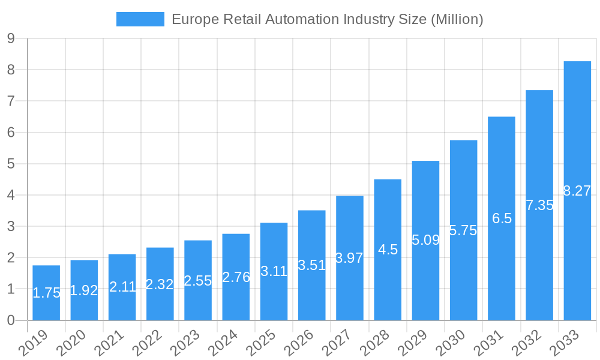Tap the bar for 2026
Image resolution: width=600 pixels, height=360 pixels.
click(312, 265)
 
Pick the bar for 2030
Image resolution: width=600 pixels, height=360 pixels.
click(463, 230)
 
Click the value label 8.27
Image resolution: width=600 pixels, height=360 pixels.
click(577, 191)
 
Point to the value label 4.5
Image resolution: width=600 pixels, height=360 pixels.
click(388, 250)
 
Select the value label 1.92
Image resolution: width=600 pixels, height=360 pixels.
click(84, 290)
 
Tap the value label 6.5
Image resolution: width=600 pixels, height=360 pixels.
click(502, 218)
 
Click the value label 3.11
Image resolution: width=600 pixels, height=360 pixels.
click(274, 271)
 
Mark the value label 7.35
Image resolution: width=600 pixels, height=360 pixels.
click(539, 205)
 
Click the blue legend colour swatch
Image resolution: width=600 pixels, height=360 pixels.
click(140, 19)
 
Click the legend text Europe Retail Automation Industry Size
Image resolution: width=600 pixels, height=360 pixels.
click(327, 19)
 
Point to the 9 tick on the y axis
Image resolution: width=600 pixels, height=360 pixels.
click(11, 38)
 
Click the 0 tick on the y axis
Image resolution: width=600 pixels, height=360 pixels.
click(11, 320)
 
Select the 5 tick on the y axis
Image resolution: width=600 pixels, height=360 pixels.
click(11, 164)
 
